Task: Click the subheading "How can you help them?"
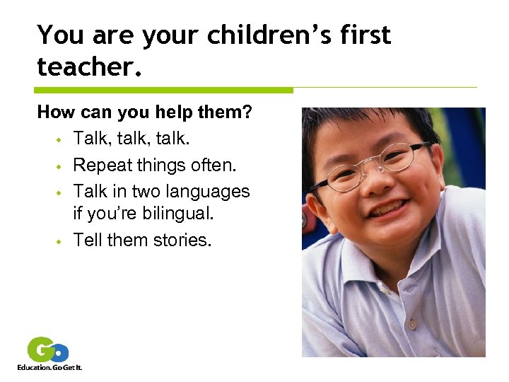(145, 112)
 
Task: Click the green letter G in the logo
(41, 349)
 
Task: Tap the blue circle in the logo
(61, 352)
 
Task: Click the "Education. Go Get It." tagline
(49, 367)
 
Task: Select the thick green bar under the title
(163, 91)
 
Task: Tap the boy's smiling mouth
(387, 210)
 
